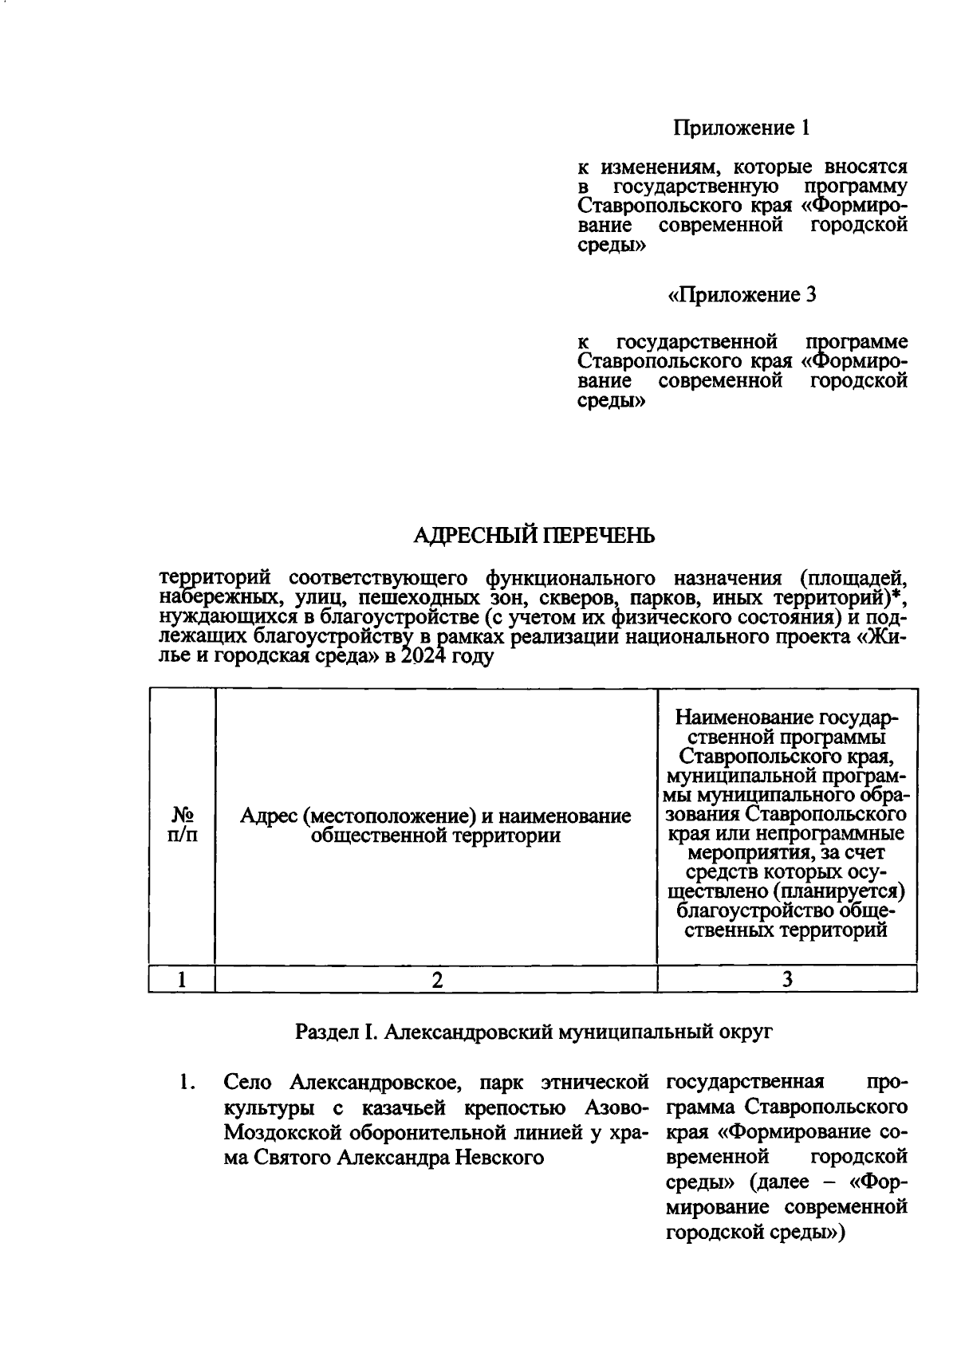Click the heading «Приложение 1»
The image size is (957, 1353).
pos(742,128)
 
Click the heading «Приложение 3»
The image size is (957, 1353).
pos(742,295)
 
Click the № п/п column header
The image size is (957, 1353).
pos(182,824)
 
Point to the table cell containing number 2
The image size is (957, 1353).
pos(436,980)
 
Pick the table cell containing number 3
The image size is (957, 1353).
pos(786,980)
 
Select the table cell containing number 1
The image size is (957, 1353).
pos(182,980)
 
